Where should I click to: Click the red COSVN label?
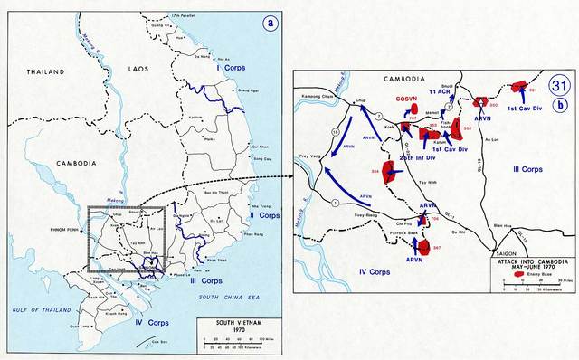(406, 99)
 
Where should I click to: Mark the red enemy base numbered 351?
(519, 88)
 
